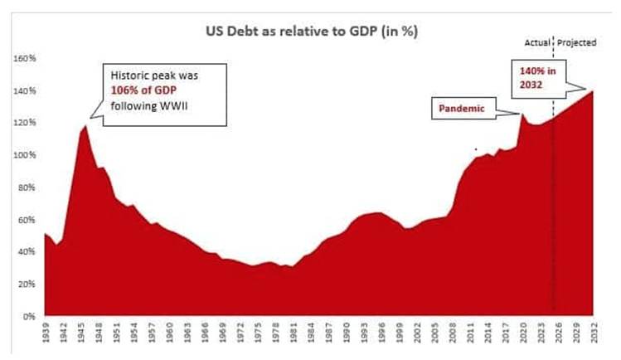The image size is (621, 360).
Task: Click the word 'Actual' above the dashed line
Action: pyautogui.click(x=538, y=42)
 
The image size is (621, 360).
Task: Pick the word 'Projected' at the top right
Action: pyautogui.click(x=577, y=42)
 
